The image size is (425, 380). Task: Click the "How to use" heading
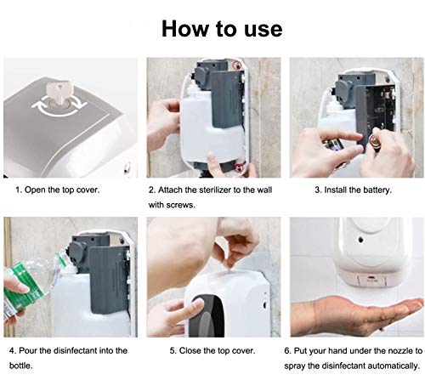point(222,29)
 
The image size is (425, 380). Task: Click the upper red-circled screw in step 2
point(237,65)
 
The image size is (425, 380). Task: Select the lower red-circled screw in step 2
point(241,168)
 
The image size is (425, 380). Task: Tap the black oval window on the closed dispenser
point(206,315)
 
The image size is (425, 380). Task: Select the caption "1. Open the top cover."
point(58,190)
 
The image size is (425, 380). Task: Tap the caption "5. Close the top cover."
point(212,350)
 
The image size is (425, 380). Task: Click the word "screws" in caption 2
point(183,205)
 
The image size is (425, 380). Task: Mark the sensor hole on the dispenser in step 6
point(360,240)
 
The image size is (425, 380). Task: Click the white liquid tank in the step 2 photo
point(211,134)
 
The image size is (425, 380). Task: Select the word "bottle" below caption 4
point(20,366)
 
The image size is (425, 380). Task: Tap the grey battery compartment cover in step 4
point(108,279)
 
